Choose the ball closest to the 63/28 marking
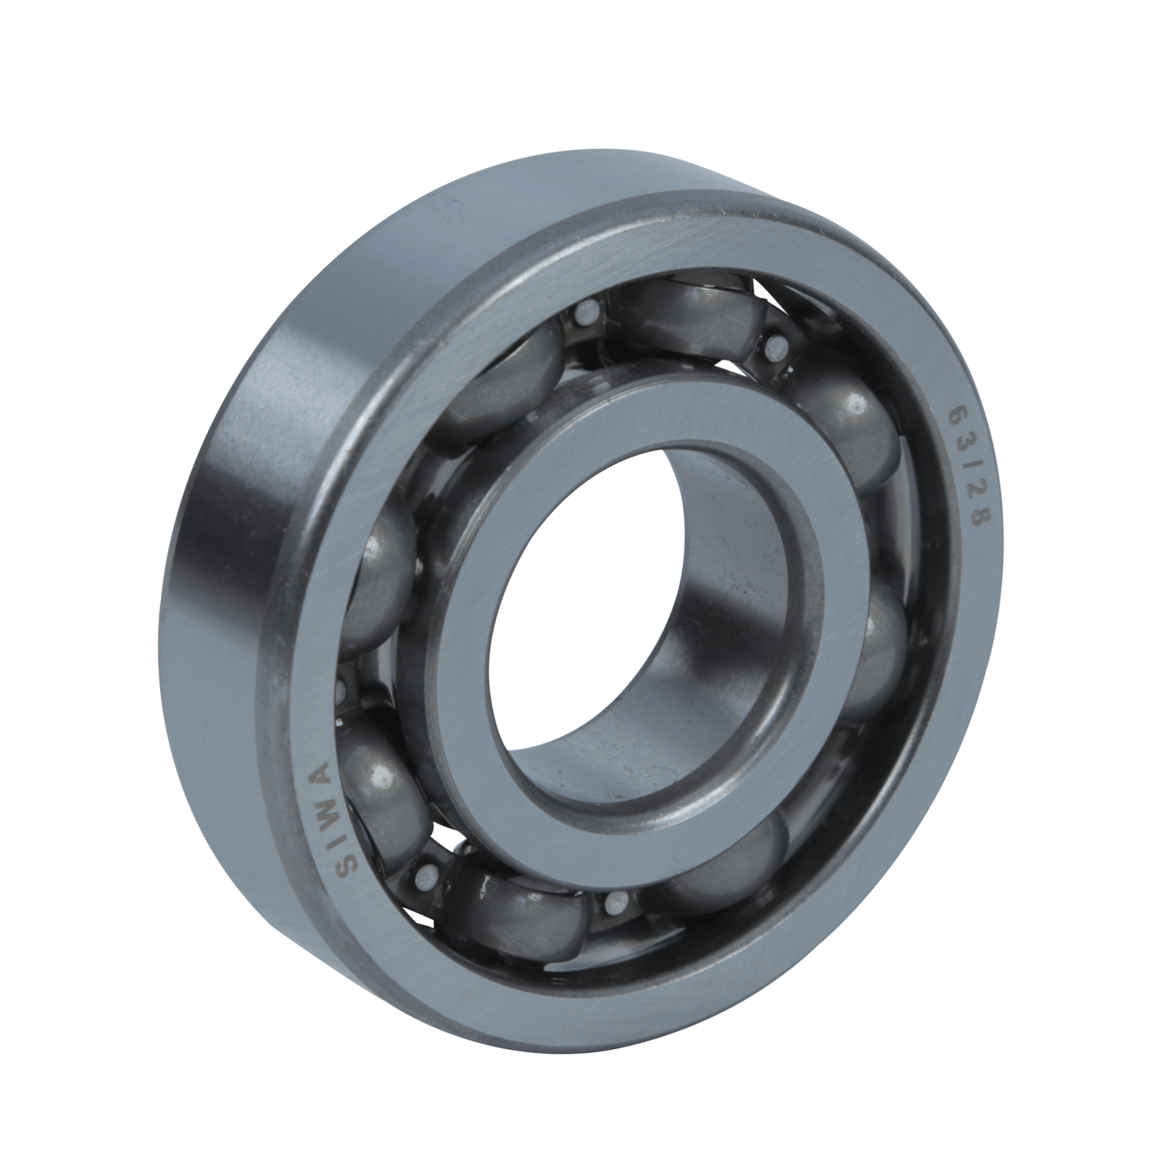pyautogui.click(x=848, y=428)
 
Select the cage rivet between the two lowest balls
pyautogui.click(x=616, y=900)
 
